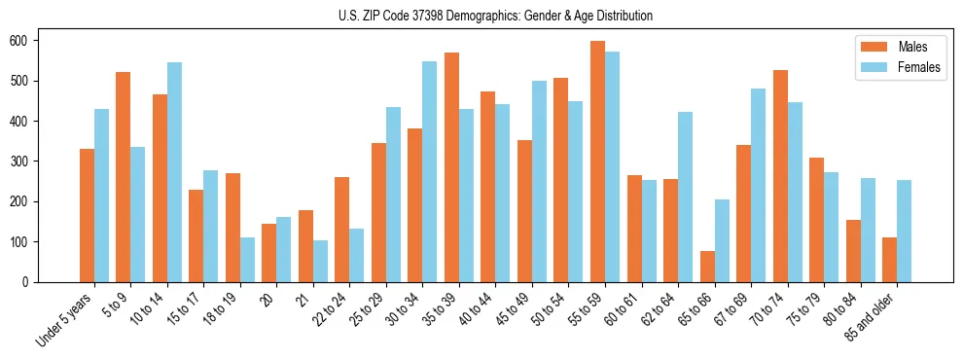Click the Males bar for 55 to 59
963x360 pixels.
597,162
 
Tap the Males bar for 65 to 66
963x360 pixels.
707,267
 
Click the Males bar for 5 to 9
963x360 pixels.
123,177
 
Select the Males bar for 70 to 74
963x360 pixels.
780,176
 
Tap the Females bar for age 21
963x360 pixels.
320,261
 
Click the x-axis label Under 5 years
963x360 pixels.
66,319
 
